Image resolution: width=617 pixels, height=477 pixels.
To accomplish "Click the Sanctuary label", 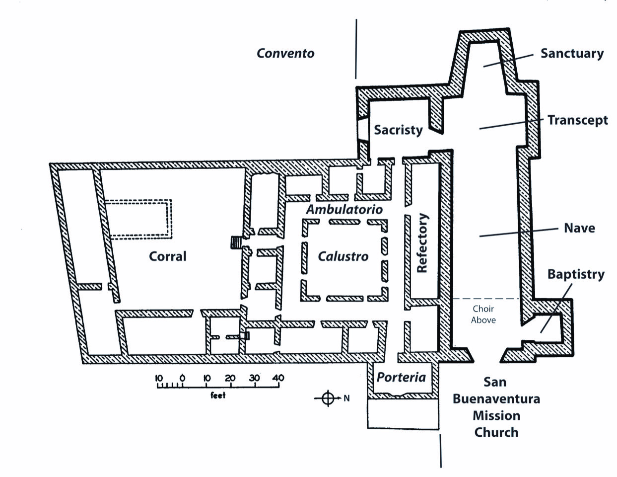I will click(x=572, y=53).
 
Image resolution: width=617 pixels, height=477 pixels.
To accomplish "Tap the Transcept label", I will click(x=577, y=120).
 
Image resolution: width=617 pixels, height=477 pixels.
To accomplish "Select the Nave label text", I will click(x=579, y=228).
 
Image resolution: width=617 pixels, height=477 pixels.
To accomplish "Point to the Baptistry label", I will click(x=576, y=274).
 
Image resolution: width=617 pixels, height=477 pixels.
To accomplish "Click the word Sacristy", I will click(x=398, y=130).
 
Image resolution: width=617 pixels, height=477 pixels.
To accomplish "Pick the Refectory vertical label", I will click(x=422, y=243).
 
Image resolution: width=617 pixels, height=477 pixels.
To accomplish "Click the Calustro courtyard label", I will click(x=343, y=256).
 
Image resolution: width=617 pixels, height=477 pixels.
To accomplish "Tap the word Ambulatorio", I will click(x=344, y=209).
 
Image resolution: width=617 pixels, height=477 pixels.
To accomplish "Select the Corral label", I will click(x=168, y=256).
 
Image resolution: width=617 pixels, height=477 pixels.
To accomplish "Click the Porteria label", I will click(x=401, y=377).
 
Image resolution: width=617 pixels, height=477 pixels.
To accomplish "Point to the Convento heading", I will click(x=285, y=53).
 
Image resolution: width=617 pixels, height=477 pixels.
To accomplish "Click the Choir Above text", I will click(x=483, y=315).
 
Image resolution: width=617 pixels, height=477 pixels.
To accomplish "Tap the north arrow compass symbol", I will click(x=328, y=398).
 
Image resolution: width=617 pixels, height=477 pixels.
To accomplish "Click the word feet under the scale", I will click(x=218, y=396).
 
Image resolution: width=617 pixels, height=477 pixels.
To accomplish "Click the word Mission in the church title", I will click(x=496, y=415).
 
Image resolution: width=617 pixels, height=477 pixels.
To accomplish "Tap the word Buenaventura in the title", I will click(x=496, y=398).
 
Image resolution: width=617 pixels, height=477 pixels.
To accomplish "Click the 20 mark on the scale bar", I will click(x=230, y=378).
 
